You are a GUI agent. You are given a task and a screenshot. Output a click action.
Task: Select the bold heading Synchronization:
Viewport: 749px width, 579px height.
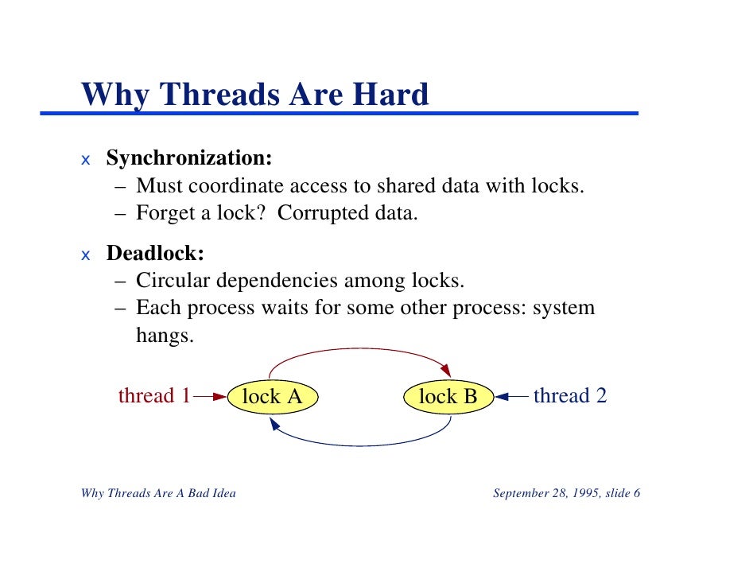point(189,158)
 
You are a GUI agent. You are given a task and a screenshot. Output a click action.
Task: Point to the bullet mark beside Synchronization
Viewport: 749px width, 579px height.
point(86,160)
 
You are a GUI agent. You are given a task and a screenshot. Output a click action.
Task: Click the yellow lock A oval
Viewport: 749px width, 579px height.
point(272,396)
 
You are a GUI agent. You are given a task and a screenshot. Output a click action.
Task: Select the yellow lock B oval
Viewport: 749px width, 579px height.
point(448,396)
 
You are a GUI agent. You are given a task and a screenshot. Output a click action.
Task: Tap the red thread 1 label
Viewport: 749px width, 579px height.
point(154,395)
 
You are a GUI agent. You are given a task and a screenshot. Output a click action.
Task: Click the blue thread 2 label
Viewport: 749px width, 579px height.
point(570,395)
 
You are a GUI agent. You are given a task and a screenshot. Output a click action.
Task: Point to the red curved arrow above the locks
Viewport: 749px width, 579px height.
point(359,349)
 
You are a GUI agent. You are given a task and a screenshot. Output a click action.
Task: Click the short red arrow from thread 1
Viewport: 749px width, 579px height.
point(210,395)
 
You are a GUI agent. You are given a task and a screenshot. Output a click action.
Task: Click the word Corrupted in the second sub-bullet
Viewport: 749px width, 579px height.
point(324,213)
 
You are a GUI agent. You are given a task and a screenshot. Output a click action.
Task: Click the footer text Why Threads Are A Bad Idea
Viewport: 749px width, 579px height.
point(158,494)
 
